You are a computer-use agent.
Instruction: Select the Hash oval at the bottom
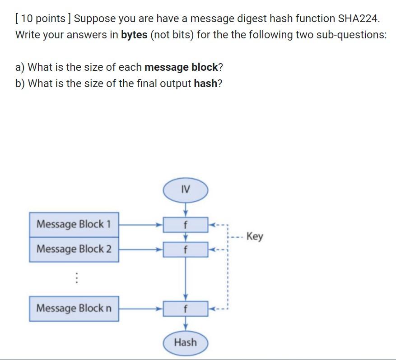coord(185,342)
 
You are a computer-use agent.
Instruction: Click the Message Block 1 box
coord(74,224)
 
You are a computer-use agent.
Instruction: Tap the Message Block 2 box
coord(74,249)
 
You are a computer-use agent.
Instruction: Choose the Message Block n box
coord(74,309)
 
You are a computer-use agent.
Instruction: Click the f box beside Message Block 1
coord(185,225)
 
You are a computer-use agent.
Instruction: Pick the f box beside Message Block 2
coord(185,249)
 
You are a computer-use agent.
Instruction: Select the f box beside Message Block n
coord(185,309)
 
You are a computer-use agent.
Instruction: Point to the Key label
coord(255,236)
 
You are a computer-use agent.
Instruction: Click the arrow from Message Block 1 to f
coord(140,224)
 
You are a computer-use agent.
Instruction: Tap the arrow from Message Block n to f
coord(140,309)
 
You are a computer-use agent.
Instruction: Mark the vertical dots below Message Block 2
coord(77,278)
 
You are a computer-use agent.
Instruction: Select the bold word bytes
coord(134,35)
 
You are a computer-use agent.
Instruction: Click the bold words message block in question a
coord(181,68)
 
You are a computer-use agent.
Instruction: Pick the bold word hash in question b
coord(205,84)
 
